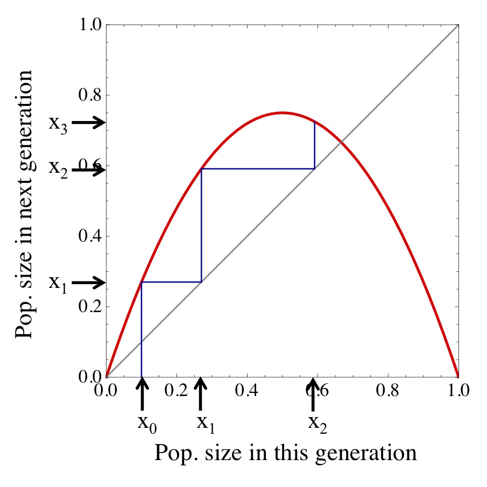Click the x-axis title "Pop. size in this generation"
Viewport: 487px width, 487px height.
point(285,453)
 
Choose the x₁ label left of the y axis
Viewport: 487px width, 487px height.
point(58,283)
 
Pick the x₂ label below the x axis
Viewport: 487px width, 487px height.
point(317,423)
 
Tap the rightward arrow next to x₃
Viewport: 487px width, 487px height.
point(88,123)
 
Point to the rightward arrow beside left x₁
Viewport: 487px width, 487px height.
point(88,282)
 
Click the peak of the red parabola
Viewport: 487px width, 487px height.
point(283,113)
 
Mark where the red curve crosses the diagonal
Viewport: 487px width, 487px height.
point(341,143)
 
